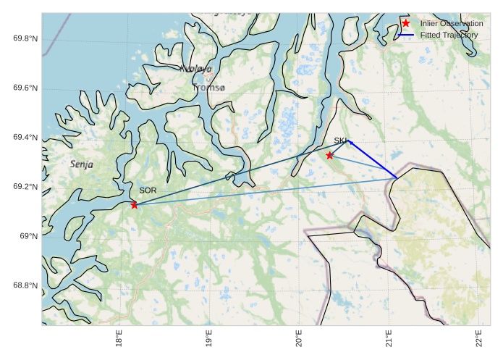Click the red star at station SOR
point(135,205)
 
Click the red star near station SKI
point(329,156)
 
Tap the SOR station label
point(148,191)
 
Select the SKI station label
point(341,141)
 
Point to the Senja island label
point(82,164)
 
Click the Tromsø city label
point(209,88)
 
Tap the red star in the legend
point(406,24)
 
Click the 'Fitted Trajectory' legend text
point(449,35)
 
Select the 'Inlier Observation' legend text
point(452,24)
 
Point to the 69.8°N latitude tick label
point(25,39)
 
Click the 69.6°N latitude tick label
point(25,88)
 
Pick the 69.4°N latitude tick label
point(25,138)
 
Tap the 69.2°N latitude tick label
point(25,187)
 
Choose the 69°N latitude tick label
point(28,236)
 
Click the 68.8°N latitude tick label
point(25,285)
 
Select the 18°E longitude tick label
point(119,340)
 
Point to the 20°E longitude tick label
point(299,340)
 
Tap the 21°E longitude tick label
point(389,340)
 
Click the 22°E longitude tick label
point(479,340)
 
